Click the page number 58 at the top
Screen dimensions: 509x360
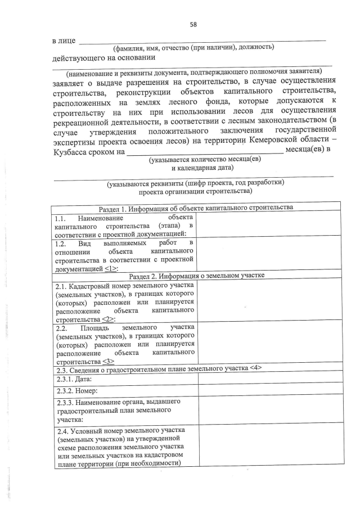point(193,25)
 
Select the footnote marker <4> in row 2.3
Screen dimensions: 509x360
point(256,368)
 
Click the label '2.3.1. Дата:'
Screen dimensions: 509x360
point(75,379)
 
